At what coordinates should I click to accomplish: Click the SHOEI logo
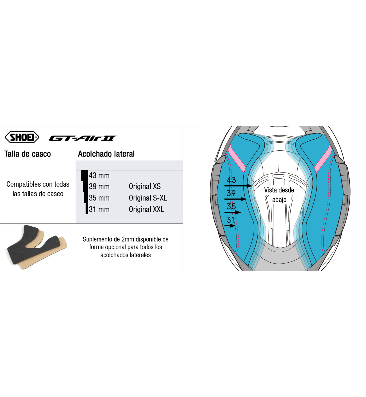click(22, 137)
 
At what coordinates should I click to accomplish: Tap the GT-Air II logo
click(83, 138)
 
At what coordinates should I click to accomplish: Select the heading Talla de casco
click(28, 154)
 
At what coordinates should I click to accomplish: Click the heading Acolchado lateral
click(106, 154)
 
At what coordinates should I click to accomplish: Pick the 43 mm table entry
click(99, 175)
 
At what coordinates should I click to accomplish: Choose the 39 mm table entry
click(99, 186)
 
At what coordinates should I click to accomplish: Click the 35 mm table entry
click(99, 198)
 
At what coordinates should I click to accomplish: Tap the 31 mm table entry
click(99, 209)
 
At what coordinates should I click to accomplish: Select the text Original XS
click(145, 186)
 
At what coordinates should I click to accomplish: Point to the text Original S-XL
click(148, 198)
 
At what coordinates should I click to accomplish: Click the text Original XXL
click(146, 209)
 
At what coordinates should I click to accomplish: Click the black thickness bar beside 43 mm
click(85, 175)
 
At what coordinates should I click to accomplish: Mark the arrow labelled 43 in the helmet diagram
click(238, 186)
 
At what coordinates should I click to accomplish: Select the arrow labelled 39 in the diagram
click(235, 199)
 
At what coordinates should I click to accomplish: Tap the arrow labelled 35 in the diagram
click(233, 212)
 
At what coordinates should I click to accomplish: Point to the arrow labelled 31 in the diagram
click(230, 226)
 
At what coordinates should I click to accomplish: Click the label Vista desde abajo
click(279, 195)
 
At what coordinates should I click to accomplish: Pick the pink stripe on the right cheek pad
click(323, 159)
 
